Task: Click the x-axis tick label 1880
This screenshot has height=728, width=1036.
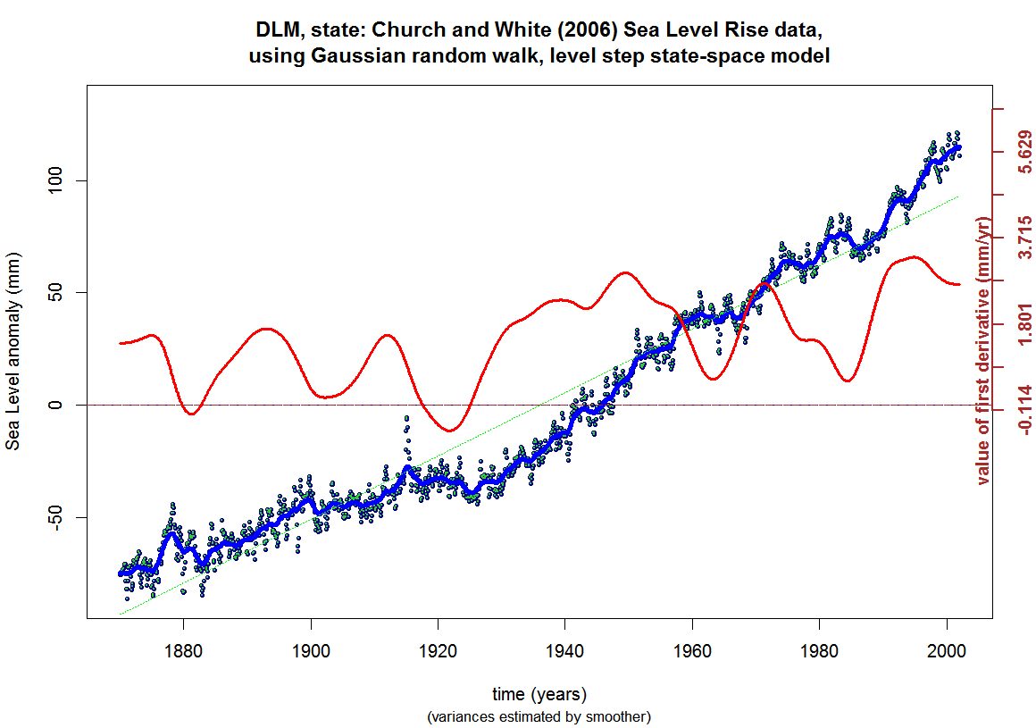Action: pos(184,650)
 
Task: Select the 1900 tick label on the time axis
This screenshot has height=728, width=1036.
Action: pos(311,650)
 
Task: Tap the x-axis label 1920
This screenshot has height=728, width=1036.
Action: pos(438,650)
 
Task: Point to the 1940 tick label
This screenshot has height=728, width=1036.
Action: pos(565,650)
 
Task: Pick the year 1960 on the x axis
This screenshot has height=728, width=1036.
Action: pos(692,650)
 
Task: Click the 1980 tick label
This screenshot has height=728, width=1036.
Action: pos(819,650)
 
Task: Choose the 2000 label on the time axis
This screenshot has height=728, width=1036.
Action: pos(947,650)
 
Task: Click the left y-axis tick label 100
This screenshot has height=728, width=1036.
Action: pos(54,180)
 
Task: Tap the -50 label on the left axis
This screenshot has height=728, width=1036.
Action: pos(54,517)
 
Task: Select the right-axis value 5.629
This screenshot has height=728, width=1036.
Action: pos(1024,152)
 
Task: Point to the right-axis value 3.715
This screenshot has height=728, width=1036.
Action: pos(1024,238)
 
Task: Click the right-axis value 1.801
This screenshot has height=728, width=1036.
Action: pos(1024,323)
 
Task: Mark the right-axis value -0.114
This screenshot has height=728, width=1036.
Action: pos(1024,410)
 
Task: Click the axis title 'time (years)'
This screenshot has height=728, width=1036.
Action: pos(539,694)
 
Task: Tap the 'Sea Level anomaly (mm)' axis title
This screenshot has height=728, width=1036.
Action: pos(13,351)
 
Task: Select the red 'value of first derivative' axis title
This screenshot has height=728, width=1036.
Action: pos(984,351)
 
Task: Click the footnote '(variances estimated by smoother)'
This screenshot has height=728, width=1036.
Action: pos(539,716)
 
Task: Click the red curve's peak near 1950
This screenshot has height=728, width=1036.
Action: pos(625,272)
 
